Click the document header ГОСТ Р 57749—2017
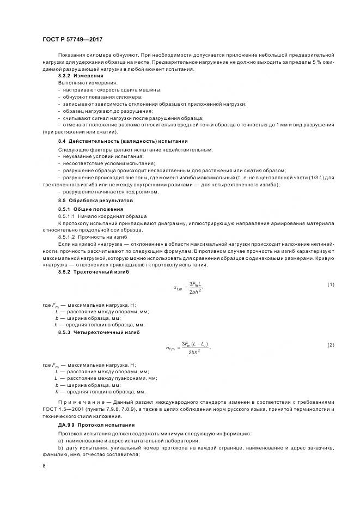(x=72, y=40)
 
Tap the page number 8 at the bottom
(x=44, y=466)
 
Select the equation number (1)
(x=331, y=285)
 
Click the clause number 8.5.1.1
(x=69, y=216)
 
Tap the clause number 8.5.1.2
(x=69, y=237)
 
